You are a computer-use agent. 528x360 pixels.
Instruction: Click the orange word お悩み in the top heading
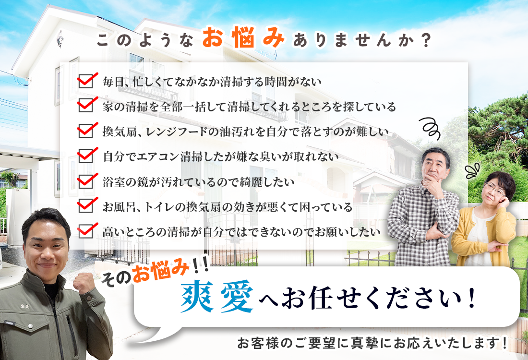(x=243, y=37)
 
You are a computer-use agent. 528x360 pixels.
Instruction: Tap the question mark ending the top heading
(x=426, y=40)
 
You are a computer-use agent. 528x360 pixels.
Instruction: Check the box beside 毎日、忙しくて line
(x=86, y=81)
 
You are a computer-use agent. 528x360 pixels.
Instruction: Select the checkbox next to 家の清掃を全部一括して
(x=86, y=106)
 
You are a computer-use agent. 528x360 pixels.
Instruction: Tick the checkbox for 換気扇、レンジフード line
(x=86, y=131)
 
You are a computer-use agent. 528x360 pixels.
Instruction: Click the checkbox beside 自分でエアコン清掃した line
(x=86, y=156)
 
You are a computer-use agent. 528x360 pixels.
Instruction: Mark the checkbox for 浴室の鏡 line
(x=86, y=181)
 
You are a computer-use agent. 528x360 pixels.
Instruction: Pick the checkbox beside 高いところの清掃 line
(x=86, y=231)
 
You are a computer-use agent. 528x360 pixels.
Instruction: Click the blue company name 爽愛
(x=217, y=296)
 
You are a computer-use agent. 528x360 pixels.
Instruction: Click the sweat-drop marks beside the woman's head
(x=472, y=171)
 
